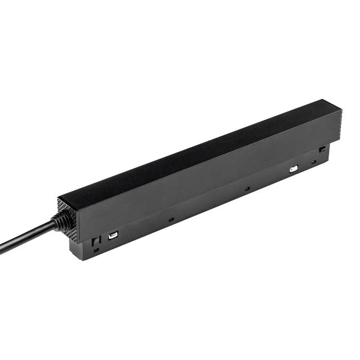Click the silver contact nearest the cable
pyautogui.click(x=112, y=237)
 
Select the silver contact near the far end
pyautogui.click(x=294, y=169)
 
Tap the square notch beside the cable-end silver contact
pyautogui.click(x=94, y=241)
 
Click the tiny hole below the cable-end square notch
pyautogui.click(x=96, y=250)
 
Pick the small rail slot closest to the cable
pyautogui.click(x=171, y=219)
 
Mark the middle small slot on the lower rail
pyautogui.click(x=247, y=189)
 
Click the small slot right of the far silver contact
pyautogui.click(x=313, y=163)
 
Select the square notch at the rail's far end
pyautogui.click(x=322, y=149)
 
